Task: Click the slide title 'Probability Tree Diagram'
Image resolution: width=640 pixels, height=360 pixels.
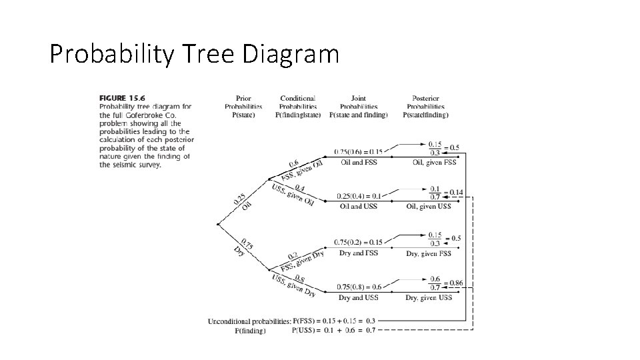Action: (194, 54)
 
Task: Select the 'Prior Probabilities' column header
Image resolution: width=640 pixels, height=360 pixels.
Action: (243, 106)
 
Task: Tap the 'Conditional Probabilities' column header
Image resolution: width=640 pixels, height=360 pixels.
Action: (298, 106)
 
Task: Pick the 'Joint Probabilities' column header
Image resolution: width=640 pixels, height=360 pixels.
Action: (359, 106)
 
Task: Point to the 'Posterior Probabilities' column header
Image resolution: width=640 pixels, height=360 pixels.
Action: (425, 106)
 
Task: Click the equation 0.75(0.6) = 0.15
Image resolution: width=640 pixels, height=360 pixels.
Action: (358, 152)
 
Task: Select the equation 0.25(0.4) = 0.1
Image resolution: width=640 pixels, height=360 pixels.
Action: (358, 196)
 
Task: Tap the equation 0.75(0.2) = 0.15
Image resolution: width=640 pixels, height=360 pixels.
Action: (358, 243)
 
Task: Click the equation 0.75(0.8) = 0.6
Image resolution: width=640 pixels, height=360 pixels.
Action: (358, 287)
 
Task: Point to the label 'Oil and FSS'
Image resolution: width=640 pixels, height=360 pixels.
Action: (359, 162)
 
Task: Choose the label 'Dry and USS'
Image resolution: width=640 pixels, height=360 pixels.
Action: (358, 297)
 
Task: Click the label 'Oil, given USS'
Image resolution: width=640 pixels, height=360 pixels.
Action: (428, 206)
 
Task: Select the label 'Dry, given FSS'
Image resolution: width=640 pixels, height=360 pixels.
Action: (428, 253)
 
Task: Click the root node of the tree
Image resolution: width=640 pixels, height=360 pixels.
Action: (219, 224)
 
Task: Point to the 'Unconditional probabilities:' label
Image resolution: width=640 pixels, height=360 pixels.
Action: (249, 321)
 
